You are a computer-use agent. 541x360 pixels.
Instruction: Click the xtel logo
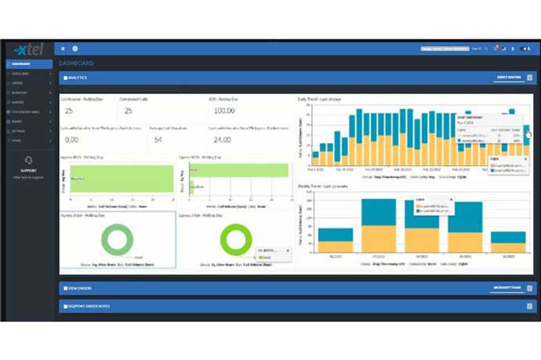coord(26,49)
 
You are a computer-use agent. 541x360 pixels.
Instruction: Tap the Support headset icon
coord(29,161)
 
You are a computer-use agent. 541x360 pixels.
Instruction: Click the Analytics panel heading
coord(77,78)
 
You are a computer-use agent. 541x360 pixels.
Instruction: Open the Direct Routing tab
coord(508,78)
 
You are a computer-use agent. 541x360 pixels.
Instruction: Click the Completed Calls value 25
coord(129,111)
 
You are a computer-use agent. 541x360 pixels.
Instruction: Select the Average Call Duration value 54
coord(158,140)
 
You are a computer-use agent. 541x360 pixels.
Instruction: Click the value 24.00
coord(223,140)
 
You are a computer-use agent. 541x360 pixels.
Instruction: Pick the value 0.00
coord(71,140)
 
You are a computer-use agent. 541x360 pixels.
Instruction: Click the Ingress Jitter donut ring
coord(118,239)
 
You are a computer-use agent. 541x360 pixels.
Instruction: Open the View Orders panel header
coord(82,289)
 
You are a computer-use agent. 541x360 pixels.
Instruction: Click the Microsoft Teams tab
coord(507,289)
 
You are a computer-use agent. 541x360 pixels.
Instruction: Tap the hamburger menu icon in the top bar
coord(63,49)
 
